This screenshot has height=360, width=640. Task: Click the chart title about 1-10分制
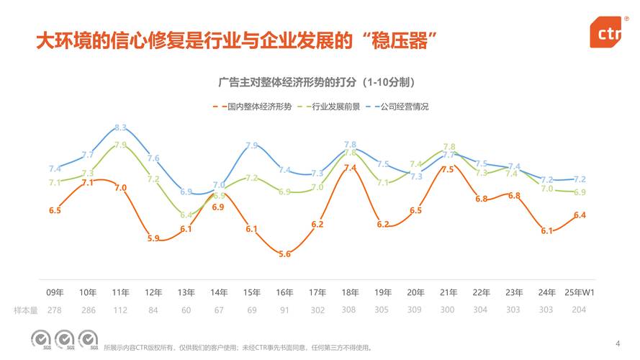tap(319, 81)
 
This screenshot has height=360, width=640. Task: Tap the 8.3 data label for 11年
tap(120, 128)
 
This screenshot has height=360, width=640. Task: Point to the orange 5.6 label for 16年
tap(284, 254)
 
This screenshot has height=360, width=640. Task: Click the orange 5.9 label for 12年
tap(153, 238)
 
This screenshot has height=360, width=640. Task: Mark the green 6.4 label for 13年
tap(186, 215)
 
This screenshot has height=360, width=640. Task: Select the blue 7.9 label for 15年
tap(252, 145)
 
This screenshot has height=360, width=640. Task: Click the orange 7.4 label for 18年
tap(350, 168)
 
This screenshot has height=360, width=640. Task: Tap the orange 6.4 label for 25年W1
tap(580, 215)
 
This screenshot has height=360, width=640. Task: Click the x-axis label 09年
tap(55, 292)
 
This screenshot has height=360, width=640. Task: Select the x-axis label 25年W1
tap(579, 292)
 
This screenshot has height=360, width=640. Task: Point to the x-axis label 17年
tap(317, 292)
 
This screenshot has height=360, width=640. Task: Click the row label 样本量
tap(25, 310)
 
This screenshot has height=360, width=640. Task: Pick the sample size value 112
tap(120, 310)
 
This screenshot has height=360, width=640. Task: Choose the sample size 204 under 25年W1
tap(579, 310)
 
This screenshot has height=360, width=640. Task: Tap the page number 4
tap(618, 343)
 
